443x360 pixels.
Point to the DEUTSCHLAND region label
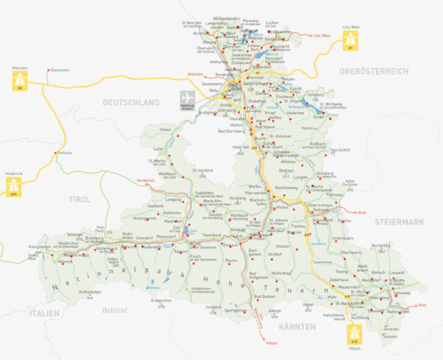click(x=132, y=102)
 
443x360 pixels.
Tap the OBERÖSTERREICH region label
click(x=370, y=71)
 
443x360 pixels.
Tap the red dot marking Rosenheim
click(x=47, y=71)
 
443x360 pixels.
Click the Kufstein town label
click(x=65, y=153)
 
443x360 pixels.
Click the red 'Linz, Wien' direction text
click(x=323, y=35)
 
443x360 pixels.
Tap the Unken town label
click(x=165, y=129)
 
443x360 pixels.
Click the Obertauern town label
click(x=342, y=237)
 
